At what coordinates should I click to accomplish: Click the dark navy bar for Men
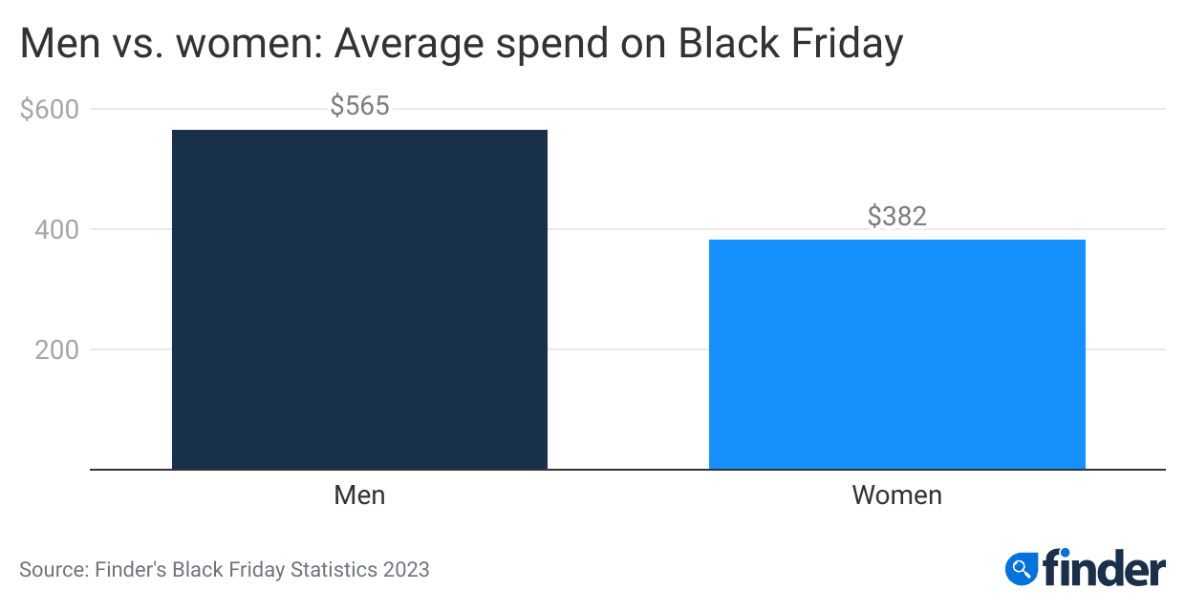pos(359,300)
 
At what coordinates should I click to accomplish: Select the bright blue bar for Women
pos(896,354)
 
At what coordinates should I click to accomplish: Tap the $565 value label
pos(359,106)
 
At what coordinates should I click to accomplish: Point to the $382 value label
pos(896,217)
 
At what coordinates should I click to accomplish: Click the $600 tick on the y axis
pos(50,109)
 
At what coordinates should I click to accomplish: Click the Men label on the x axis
pos(359,495)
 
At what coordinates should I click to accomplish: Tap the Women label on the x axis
pos(896,495)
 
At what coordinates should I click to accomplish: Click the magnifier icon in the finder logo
pos(1021,569)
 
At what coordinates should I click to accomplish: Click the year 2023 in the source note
pos(406,570)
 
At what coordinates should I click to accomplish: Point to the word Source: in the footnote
pos(54,570)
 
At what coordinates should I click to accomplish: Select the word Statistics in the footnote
pos(330,570)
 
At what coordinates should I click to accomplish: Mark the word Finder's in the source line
pos(130,570)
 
